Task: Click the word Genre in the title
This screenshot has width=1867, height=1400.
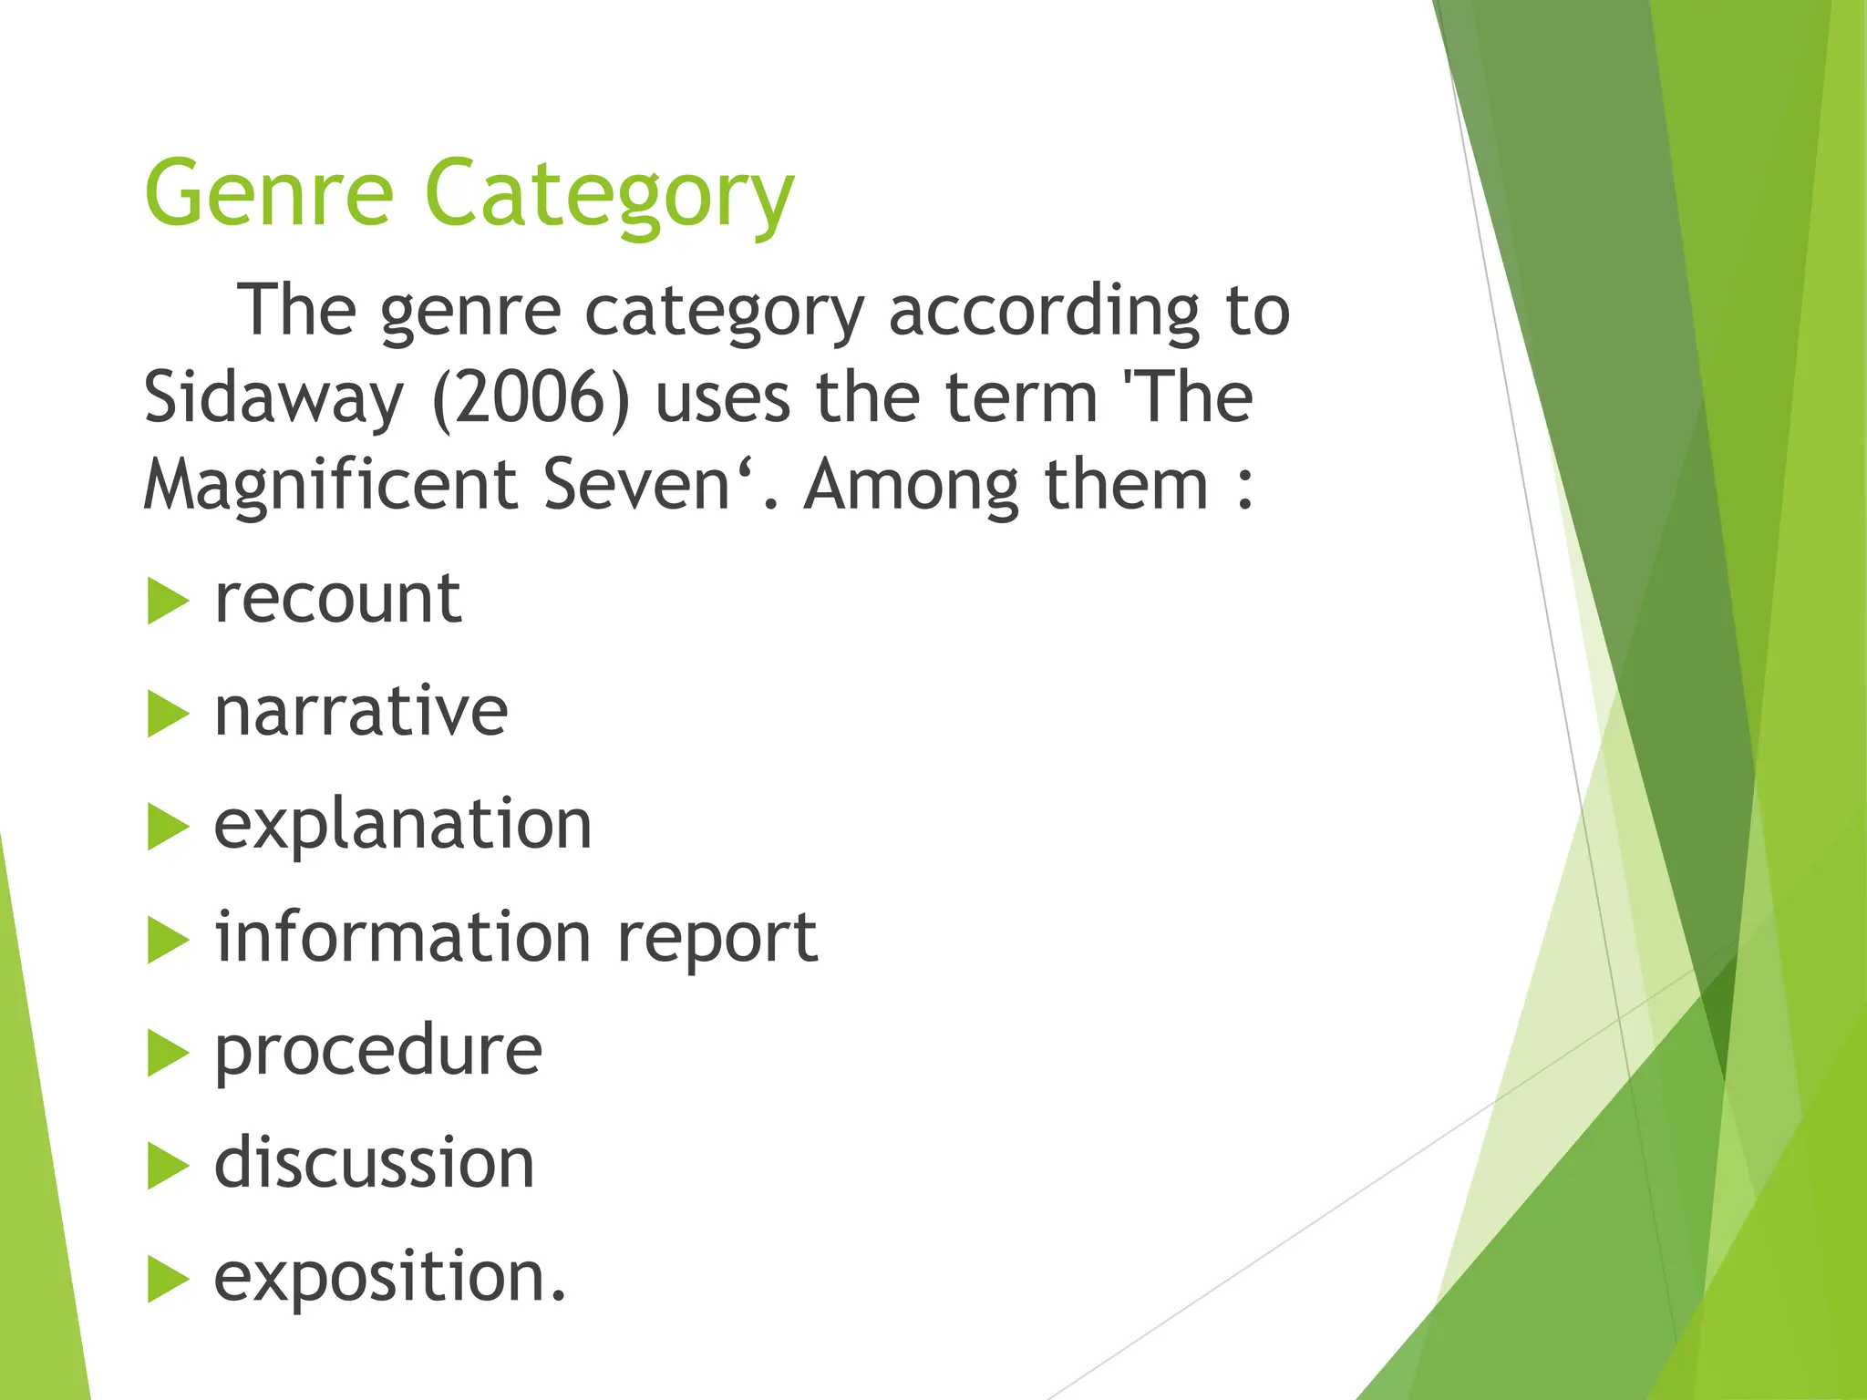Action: (x=269, y=193)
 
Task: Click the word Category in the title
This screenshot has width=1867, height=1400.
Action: (x=609, y=196)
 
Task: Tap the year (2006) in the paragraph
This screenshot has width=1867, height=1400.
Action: (x=531, y=398)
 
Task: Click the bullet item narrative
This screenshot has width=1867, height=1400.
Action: (x=361, y=712)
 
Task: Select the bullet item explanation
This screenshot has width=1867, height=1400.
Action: (x=403, y=825)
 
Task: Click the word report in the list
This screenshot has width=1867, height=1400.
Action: (x=717, y=940)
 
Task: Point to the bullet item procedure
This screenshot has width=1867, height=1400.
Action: (x=378, y=1051)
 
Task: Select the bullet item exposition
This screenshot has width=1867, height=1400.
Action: (x=389, y=1276)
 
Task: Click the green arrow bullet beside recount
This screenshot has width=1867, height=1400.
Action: (x=167, y=602)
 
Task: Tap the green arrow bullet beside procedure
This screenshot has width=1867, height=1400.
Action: (x=167, y=1054)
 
